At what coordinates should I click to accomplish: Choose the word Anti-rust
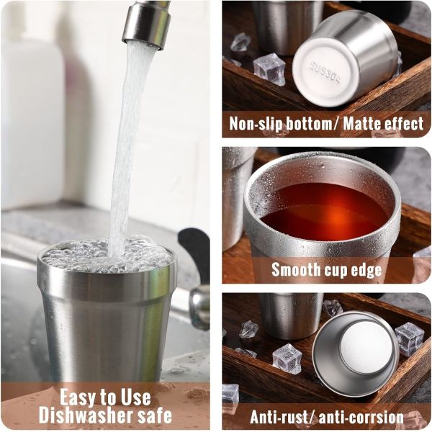(x=279, y=418)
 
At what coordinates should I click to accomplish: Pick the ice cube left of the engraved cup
(x=269, y=69)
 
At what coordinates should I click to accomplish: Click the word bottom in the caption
(x=308, y=123)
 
